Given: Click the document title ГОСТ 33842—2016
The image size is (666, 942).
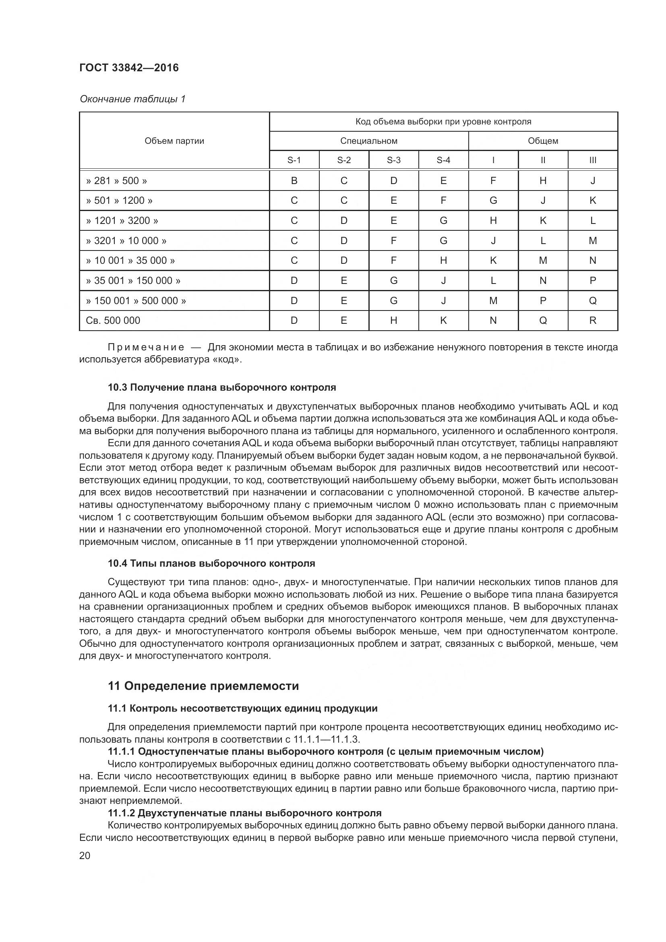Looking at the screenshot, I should [129, 68].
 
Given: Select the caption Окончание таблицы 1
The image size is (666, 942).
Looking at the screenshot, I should [132, 99].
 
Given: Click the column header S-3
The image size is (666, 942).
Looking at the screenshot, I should [393, 160].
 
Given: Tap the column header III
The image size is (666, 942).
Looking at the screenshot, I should [593, 160].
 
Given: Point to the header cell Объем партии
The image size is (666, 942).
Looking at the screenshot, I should [174, 141].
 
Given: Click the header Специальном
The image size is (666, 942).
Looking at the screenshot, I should [369, 141].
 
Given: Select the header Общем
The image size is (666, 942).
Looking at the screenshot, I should [543, 141].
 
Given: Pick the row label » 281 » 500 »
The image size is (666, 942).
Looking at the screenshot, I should [116, 180].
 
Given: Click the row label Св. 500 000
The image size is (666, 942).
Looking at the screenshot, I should [113, 321].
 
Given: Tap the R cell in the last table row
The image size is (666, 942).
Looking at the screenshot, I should [593, 321].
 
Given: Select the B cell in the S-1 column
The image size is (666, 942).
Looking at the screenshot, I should [294, 180].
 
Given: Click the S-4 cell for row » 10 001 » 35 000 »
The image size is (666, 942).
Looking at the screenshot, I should [443, 261].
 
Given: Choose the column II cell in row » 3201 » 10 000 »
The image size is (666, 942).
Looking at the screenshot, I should [543, 240].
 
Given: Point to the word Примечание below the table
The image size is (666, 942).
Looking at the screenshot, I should [146, 348].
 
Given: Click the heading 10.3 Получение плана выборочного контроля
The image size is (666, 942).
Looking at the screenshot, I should [222, 387].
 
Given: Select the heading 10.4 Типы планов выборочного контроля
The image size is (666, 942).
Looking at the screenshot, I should [211, 563].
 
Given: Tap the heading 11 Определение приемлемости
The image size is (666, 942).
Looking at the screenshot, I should [203, 686].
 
